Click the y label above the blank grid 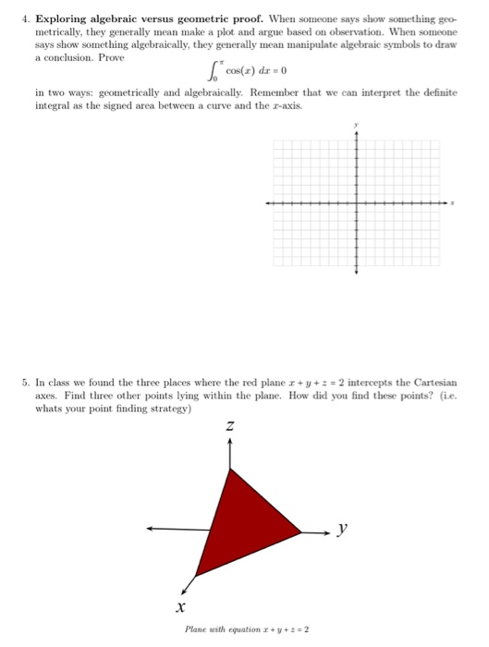357,126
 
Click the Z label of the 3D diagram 230,427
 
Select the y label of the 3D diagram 342,529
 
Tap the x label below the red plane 182,607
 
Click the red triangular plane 242,520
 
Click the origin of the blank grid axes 357,201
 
